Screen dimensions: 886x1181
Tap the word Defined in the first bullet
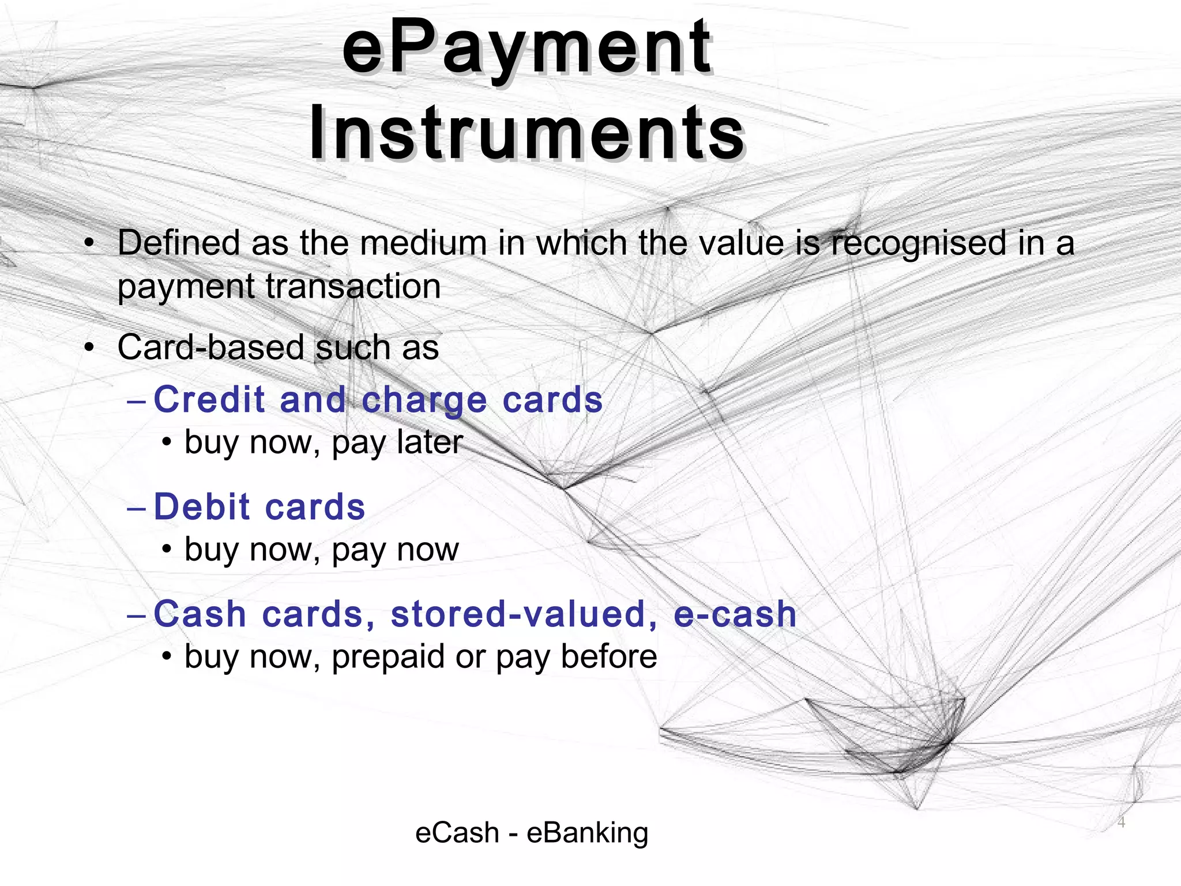tap(179, 243)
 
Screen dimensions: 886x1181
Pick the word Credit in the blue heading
tap(210, 399)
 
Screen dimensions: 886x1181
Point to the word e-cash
tap(735, 614)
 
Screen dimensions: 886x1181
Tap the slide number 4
tap(1121, 822)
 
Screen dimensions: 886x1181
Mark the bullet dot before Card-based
tap(88, 348)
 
